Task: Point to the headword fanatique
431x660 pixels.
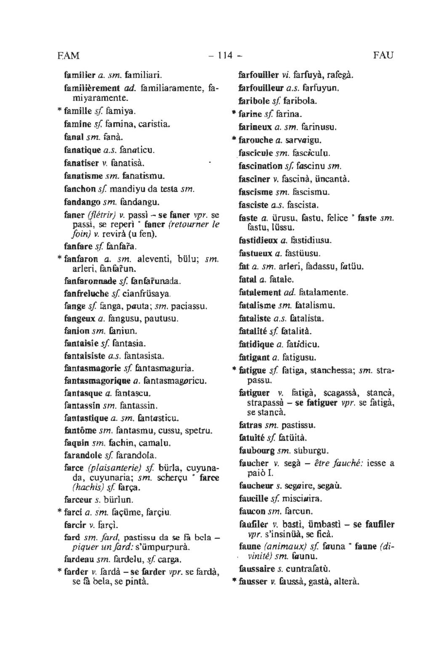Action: (x=82, y=150)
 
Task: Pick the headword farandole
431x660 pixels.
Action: (x=83, y=456)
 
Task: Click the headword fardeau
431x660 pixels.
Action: (x=79, y=560)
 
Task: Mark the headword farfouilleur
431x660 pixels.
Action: (x=261, y=89)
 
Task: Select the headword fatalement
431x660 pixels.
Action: (x=260, y=292)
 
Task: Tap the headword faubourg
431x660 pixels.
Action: (x=257, y=451)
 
